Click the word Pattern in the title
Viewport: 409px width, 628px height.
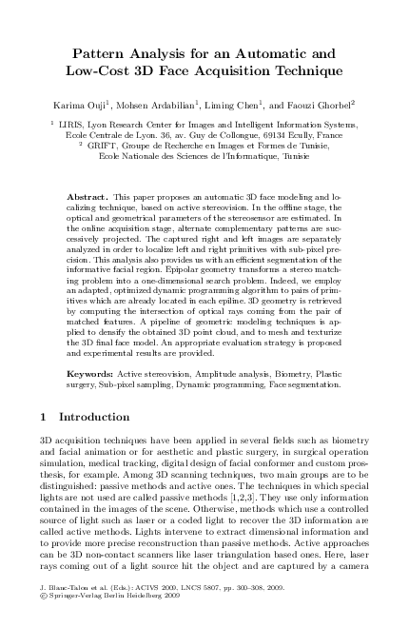click(105, 54)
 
